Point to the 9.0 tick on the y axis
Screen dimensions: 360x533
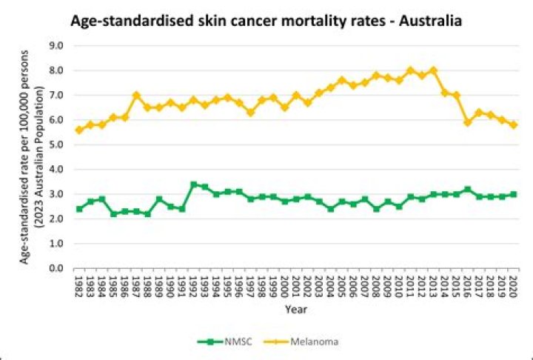pyautogui.click(x=56, y=46)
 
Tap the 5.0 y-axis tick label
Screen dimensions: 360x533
pyautogui.click(x=56, y=144)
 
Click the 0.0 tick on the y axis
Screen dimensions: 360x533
pyautogui.click(x=56, y=268)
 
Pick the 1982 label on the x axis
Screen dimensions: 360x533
pyautogui.click(x=79, y=286)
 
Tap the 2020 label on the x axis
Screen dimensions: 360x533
pyautogui.click(x=513, y=286)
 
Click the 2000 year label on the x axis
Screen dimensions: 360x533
pyautogui.click(x=285, y=286)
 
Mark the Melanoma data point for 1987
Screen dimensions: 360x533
pyautogui.click(x=136, y=95)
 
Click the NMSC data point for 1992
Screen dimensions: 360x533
pyautogui.click(x=193, y=184)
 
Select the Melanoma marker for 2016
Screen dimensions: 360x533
pyautogui.click(x=467, y=122)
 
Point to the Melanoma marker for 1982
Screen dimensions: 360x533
pyautogui.click(x=79, y=130)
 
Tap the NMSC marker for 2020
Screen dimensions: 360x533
pyautogui.click(x=513, y=194)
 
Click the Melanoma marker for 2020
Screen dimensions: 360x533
pyautogui.click(x=513, y=124)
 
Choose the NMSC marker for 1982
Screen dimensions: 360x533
pyautogui.click(x=79, y=209)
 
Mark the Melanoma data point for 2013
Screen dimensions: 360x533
pyautogui.click(x=433, y=70)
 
